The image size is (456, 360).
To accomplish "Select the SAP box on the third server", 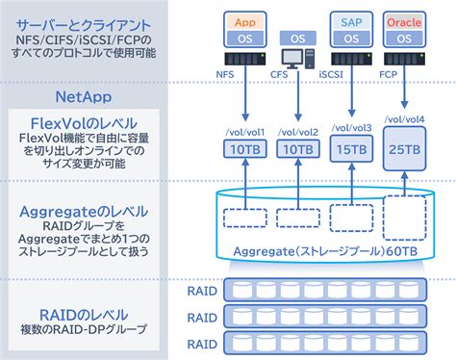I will point(351,20).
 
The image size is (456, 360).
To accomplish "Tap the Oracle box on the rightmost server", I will point(404,20).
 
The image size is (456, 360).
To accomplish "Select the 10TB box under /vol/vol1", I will point(241,150).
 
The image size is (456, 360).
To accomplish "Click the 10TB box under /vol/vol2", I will point(295,150).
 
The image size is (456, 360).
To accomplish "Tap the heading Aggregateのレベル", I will point(83,211).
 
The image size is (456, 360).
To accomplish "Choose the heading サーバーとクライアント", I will point(83,20).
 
